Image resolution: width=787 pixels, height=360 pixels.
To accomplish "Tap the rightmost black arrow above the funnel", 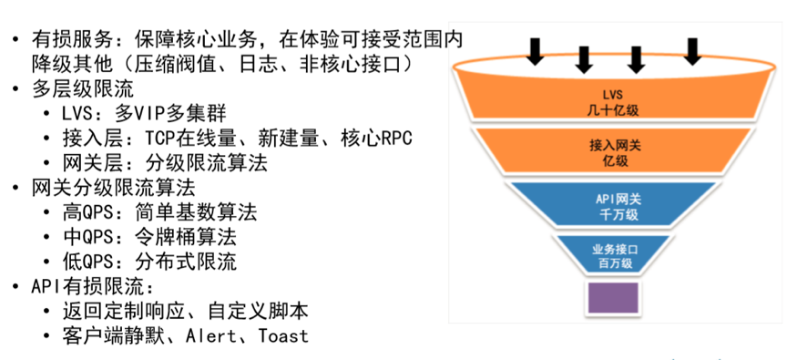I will click(693, 51).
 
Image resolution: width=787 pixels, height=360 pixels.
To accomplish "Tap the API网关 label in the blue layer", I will click(612, 195).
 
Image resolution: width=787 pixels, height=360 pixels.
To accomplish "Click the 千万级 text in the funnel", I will click(612, 211).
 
